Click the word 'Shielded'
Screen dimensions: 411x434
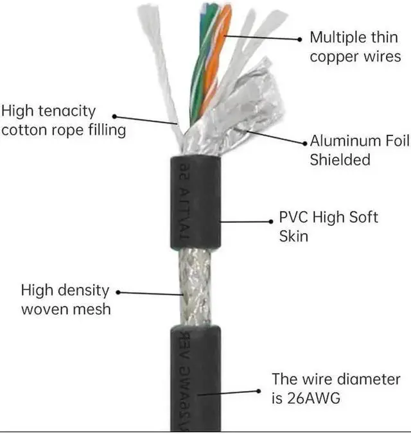point(340,160)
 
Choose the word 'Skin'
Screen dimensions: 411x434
point(293,236)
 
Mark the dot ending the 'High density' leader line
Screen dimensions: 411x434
point(118,293)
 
